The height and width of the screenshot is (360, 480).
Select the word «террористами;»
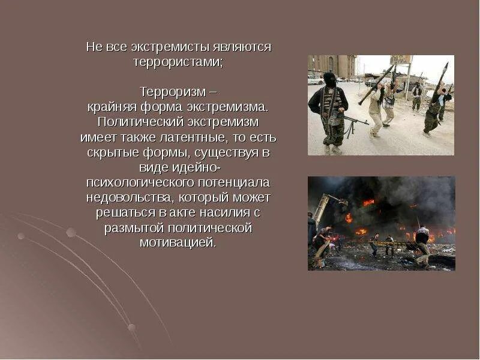point(178,62)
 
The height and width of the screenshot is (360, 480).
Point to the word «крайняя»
point(109,107)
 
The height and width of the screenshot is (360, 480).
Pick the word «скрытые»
point(112,152)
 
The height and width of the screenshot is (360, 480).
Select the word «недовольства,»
point(130,197)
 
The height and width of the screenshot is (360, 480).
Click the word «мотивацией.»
point(177,243)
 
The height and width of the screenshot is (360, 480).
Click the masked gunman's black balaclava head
point(329,79)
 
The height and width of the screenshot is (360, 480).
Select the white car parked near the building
point(314,80)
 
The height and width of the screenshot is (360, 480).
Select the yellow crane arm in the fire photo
point(322,207)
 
